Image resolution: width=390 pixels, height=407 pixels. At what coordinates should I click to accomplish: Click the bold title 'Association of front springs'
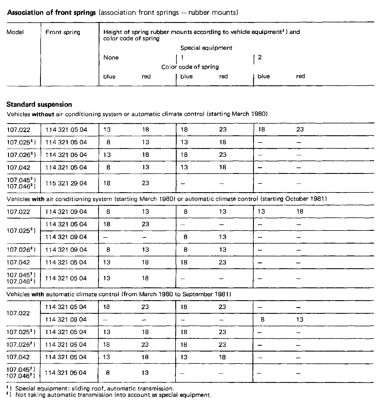pos(51,12)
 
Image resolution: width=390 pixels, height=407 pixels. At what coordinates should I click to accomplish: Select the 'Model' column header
pos(15,32)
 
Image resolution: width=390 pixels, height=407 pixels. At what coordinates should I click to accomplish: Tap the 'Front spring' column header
pos(63,32)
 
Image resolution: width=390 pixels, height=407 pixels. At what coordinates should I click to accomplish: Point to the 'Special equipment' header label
pos(206,48)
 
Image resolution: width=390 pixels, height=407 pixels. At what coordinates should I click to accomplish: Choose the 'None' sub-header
pos(111,57)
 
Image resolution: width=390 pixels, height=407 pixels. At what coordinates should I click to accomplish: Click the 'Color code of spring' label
pos(190,67)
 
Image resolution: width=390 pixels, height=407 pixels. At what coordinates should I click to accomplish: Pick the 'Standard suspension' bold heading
pos(39,105)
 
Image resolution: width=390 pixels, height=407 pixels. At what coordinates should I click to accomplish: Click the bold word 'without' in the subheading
pos(43,114)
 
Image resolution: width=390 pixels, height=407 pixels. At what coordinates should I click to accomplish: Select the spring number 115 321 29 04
pos(66,183)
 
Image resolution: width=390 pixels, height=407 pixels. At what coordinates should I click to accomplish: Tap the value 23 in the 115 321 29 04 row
pos(146,183)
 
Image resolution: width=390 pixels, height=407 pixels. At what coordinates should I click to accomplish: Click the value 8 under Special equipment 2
pos(263,320)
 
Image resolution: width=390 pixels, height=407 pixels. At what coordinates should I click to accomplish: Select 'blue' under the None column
pos(109,77)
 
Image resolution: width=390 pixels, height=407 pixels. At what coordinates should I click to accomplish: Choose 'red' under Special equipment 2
pos(300,76)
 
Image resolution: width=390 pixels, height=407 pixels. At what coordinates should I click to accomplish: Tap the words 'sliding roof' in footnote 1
pos(81,388)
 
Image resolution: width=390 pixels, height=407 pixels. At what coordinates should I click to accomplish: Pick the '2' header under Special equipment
pos(260,57)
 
